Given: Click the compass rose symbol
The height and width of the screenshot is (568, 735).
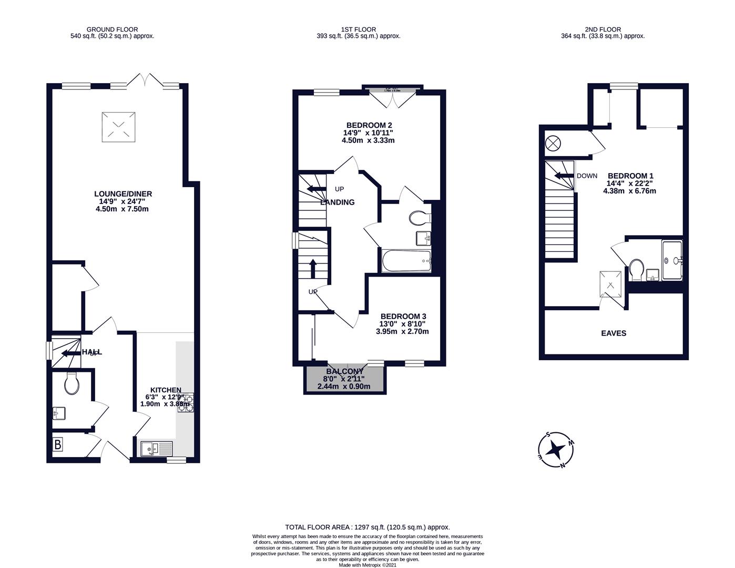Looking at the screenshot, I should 556,450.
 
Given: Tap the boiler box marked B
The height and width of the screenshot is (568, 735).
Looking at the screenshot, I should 58,445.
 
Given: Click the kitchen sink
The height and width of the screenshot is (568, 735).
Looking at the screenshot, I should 156,449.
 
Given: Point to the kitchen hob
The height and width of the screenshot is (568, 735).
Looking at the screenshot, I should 186,403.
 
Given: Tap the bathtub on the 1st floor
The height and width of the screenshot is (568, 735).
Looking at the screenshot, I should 406,261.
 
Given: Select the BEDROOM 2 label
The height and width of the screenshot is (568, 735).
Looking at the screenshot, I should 369,125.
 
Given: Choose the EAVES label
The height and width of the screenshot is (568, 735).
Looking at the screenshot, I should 614,333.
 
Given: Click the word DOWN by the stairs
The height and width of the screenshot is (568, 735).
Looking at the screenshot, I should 587,176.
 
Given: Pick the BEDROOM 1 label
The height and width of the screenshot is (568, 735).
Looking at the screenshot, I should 630,176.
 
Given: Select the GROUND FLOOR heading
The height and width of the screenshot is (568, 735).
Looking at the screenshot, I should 112,29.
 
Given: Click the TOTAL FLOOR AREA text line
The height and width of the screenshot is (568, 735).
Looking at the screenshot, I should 367,527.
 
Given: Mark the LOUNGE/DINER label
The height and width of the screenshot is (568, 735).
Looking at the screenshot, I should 122,194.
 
